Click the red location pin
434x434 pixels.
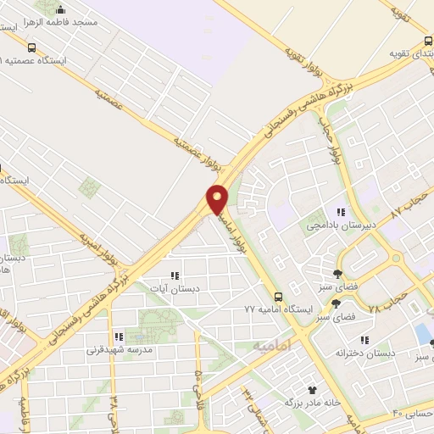(218, 198)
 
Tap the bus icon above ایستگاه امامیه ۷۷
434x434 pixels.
(278, 296)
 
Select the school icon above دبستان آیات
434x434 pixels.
(175, 275)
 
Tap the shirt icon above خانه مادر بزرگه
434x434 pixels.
(312, 391)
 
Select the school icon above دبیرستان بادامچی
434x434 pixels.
(341, 212)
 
